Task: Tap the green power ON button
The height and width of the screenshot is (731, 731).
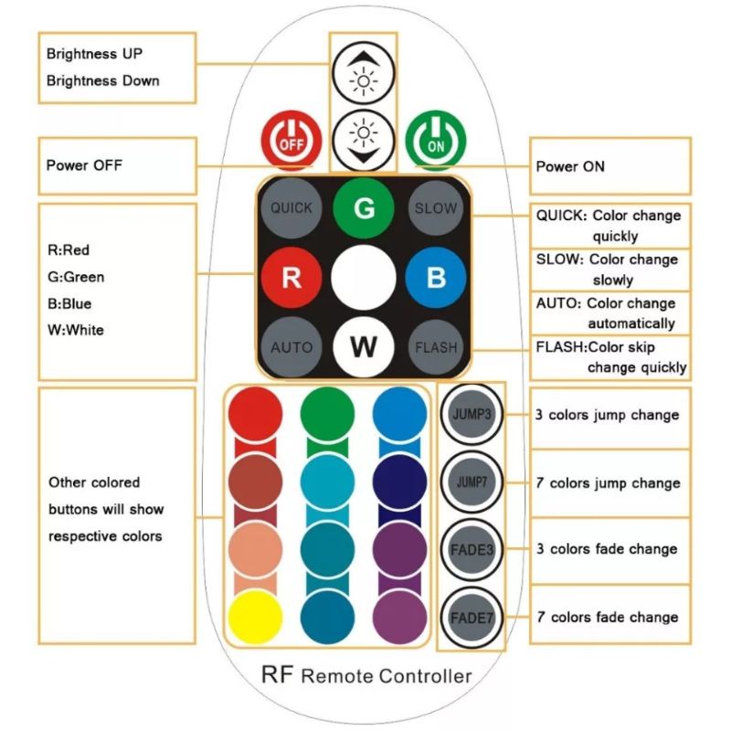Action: pyautogui.click(x=436, y=141)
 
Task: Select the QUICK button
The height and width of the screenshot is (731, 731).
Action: pyautogui.click(x=291, y=207)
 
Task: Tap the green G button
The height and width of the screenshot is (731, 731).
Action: pyautogui.click(x=363, y=207)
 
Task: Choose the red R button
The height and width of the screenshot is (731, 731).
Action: pyautogui.click(x=291, y=277)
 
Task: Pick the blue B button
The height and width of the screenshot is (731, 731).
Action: pyautogui.click(x=436, y=277)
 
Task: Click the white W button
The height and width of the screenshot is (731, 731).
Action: pyautogui.click(x=363, y=347)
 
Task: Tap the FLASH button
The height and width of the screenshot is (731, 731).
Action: pyautogui.click(x=436, y=347)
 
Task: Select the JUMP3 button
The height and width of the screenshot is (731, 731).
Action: pyautogui.click(x=471, y=414)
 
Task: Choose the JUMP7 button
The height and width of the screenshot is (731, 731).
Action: pyautogui.click(x=471, y=481)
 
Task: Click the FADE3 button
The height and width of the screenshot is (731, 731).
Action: pyautogui.click(x=471, y=549)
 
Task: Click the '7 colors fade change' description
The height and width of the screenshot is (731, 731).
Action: pyautogui.click(x=607, y=618)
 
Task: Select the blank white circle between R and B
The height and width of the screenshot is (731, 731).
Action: pyautogui.click(x=363, y=277)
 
